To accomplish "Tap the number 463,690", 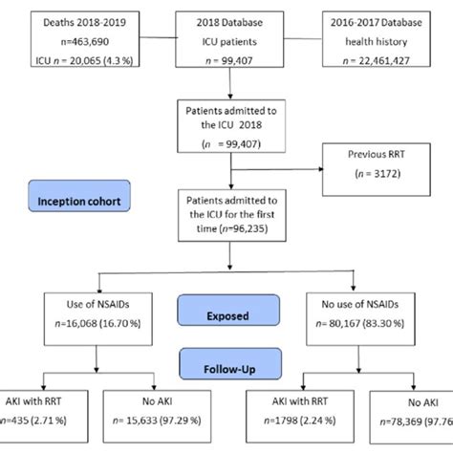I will coord(89,46).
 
